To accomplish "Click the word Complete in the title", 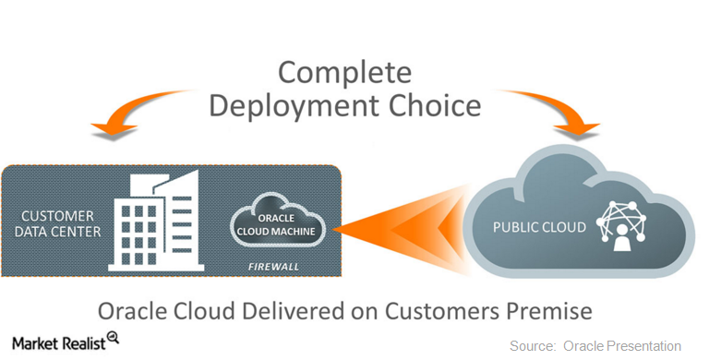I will pos(345,72).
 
